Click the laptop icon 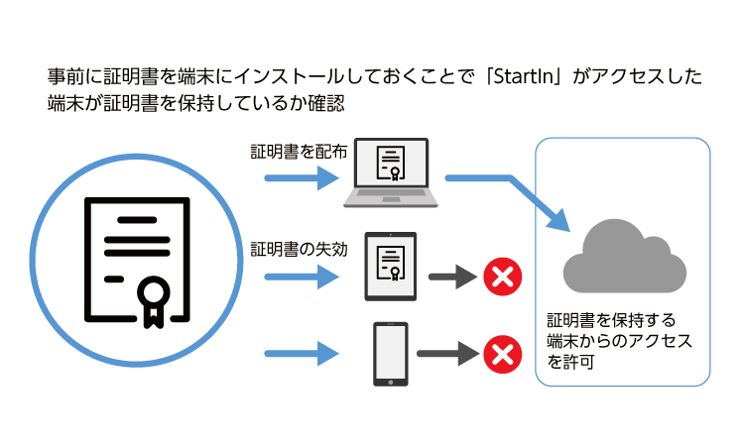pyautogui.click(x=391, y=173)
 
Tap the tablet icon pyautogui.click(x=390, y=266)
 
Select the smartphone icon pyautogui.click(x=391, y=353)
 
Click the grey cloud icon pyautogui.click(x=624, y=260)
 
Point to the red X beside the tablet pyautogui.click(x=502, y=277)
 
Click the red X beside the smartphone pyautogui.click(x=502, y=353)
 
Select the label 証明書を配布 pyautogui.click(x=299, y=153)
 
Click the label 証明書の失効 pyautogui.click(x=299, y=247)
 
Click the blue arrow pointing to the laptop pyautogui.click(x=303, y=179)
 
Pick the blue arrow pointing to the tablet pyautogui.click(x=303, y=277)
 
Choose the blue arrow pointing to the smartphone pyautogui.click(x=303, y=353)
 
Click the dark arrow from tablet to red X pyautogui.click(x=451, y=277)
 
